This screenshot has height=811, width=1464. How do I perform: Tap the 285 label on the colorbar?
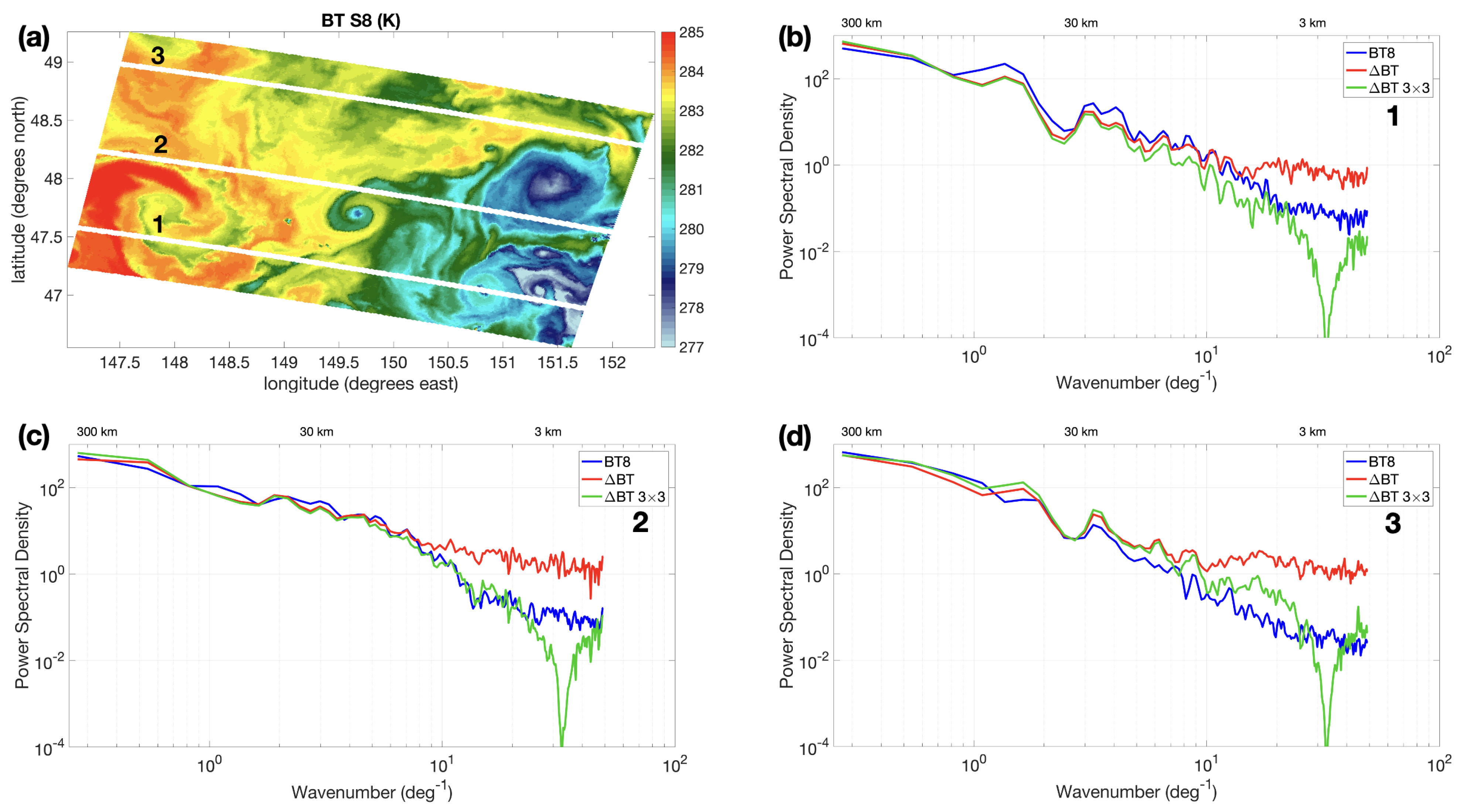coord(691,33)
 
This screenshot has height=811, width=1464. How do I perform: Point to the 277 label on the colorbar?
coord(691,347)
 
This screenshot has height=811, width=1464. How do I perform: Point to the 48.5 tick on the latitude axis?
coord(45,120)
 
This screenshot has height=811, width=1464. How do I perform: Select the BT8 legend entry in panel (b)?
coord(1381,53)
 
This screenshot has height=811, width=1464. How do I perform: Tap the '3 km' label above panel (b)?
coord(1312,23)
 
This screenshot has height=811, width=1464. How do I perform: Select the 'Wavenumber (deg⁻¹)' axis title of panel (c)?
coord(372,792)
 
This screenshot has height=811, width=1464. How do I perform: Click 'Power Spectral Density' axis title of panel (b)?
coord(786,187)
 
